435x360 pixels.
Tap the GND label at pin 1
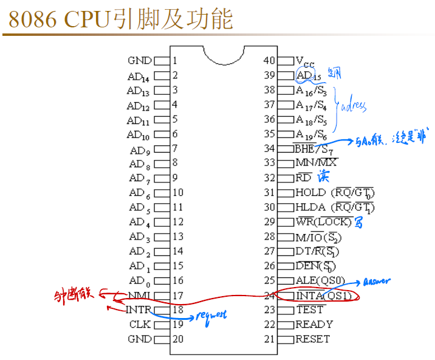coord(140,61)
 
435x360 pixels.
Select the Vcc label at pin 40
coord(306,61)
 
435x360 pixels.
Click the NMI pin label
coord(139,296)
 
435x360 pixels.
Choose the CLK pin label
coord(140,325)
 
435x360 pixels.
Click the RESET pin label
coord(313,339)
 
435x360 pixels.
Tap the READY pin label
coord(314,325)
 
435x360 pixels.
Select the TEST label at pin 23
coord(310,310)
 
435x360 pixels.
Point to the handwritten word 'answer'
coord(377,282)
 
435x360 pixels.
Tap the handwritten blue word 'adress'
coord(354,106)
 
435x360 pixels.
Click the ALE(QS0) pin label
coord(319,281)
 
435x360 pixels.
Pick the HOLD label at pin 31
coord(310,193)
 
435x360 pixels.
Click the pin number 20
coord(177,339)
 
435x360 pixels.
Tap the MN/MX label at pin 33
coord(316,163)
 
